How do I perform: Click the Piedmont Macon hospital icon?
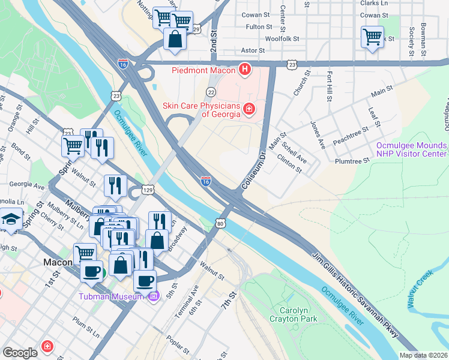coord(245,70)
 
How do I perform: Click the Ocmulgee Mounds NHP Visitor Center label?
coord(412,149)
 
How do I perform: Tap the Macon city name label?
coord(58,262)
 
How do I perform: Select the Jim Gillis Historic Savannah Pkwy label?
coord(355,298)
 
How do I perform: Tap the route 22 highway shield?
coord(211,92)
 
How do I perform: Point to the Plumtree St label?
coord(352,161)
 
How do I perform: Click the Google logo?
coord(20,352)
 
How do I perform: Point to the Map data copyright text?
coord(423,355)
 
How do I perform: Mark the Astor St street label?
coord(253,50)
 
